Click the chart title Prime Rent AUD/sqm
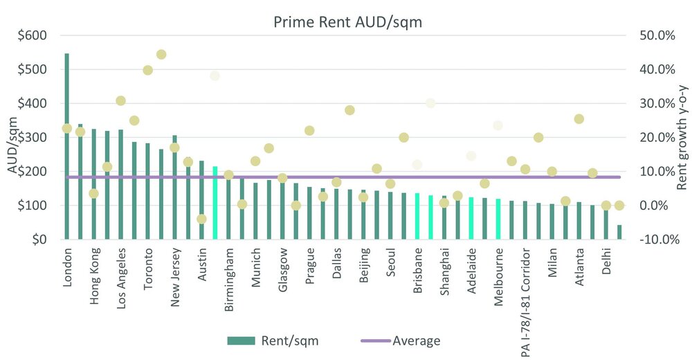348,22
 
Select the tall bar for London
66,146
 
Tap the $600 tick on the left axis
33,35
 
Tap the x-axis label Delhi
606,261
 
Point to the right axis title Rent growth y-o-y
682,136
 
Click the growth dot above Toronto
147,70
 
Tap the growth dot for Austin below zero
201,219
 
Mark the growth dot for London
66,128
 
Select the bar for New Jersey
174,187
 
